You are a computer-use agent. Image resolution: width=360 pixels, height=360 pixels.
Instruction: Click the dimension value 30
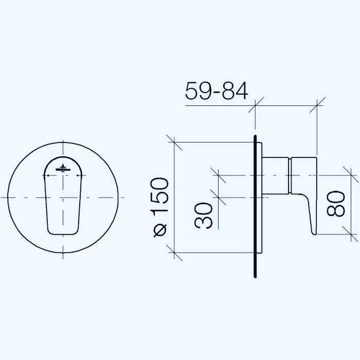(204, 215)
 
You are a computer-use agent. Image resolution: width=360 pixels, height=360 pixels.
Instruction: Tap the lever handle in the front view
(63, 201)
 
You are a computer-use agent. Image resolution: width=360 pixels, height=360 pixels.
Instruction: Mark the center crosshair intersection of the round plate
(63, 197)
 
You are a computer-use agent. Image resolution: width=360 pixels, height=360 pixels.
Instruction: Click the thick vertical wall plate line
(255, 206)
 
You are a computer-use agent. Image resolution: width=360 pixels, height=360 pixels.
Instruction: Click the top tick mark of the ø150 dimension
(175, 142)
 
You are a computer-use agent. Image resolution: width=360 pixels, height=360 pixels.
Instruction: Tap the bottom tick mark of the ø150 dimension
(175, 252)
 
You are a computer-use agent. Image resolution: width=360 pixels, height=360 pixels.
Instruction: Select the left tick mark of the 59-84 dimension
(255, 105)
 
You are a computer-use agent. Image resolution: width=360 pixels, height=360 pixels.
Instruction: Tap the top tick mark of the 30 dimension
(219, 175)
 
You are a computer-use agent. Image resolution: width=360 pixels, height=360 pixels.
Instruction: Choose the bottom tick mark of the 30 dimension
(219, 197)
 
